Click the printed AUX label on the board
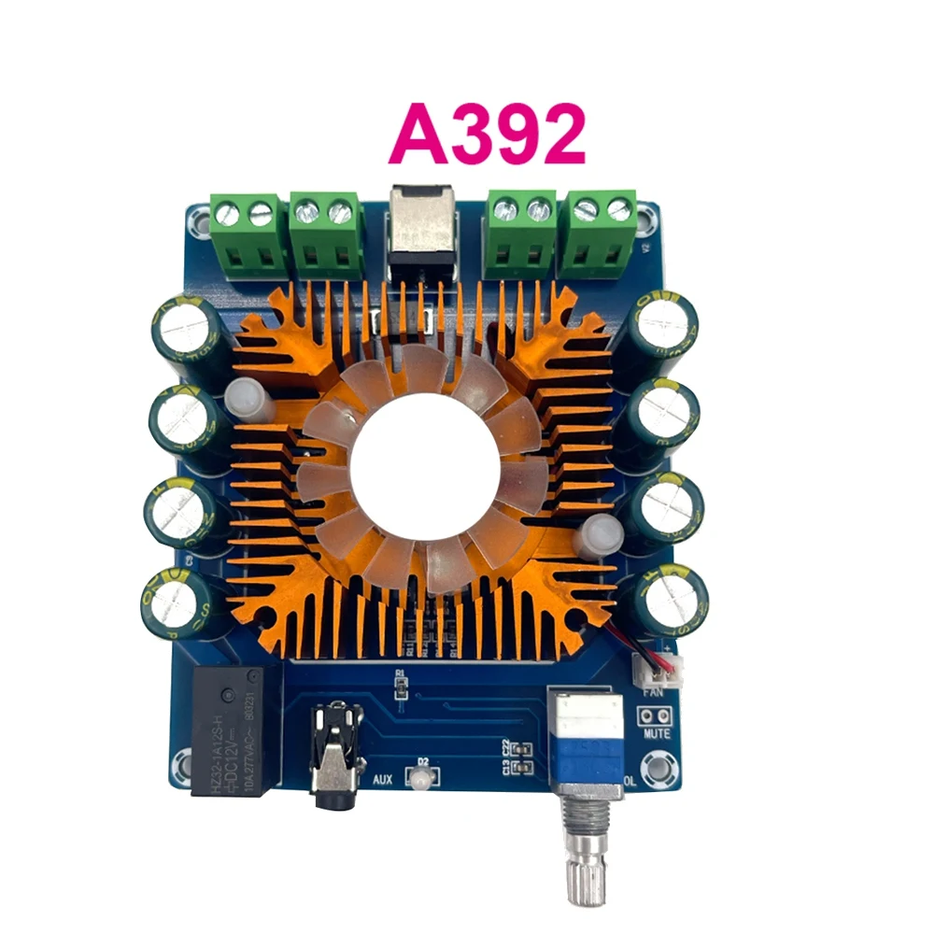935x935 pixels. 382,778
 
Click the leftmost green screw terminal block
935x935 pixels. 245,234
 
